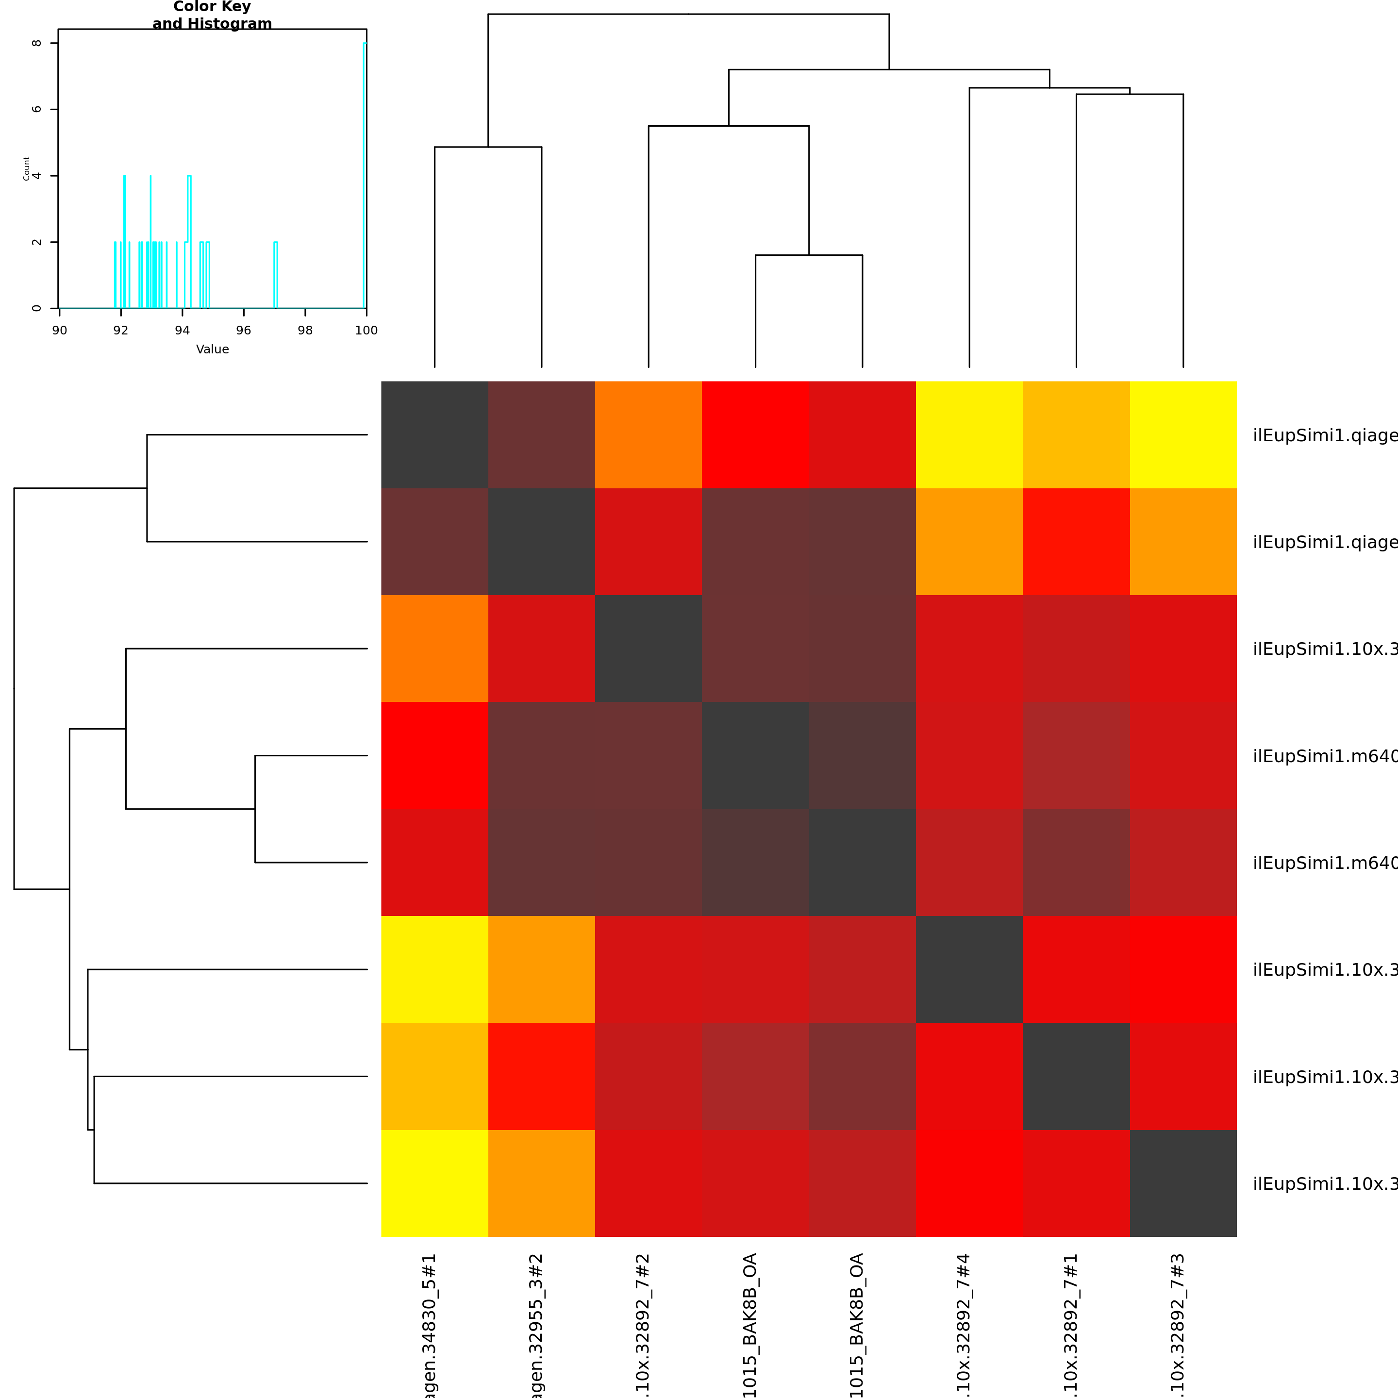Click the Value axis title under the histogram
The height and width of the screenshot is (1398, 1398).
(212, 349)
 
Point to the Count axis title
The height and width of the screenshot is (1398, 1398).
(26, 168)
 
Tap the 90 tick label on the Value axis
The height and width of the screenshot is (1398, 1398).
(59, 330)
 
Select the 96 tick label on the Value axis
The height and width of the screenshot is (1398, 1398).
(244, 330)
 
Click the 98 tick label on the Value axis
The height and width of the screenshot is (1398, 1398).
(305, 330)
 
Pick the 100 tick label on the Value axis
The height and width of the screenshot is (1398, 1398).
(366, 330)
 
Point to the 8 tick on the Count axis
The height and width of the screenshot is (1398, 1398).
(37, 43)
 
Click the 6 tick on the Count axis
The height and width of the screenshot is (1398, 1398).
(37, 109)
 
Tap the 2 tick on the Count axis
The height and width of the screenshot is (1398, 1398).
(37, 242)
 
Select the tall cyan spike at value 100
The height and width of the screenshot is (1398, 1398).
(365, 174)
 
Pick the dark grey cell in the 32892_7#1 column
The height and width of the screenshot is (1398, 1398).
(1076, 1076)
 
